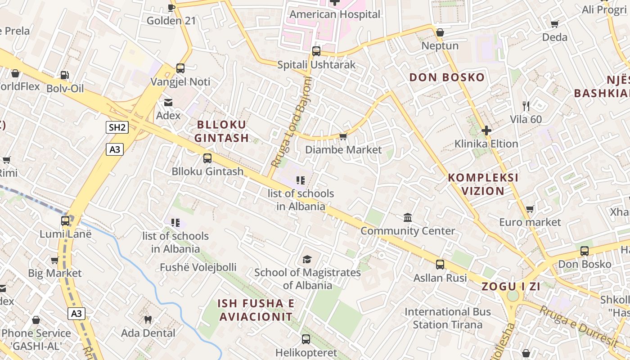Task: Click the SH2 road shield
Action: tap(117, 127)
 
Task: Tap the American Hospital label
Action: tap(335, 14)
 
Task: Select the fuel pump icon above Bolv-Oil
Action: tap(65, 75)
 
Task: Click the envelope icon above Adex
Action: tap(168, 103)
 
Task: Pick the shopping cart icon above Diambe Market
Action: tap(343, 136)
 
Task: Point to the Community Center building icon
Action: tap(408, 218)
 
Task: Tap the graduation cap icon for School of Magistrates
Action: tap(307, 259)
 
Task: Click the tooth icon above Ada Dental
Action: tap(148, 320)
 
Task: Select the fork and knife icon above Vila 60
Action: tap(526, 106)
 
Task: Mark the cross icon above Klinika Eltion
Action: tap(486, 130)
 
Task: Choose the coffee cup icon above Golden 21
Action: tap(171, 8)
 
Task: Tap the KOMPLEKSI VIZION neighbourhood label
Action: tap(483, 184)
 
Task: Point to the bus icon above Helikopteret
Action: tap(306, 339)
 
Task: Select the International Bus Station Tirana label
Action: tap(448, 318)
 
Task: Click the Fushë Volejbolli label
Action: tap(198, 267)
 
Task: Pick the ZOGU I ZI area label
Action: tap(511, 286)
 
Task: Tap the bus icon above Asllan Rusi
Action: tap(440, 265)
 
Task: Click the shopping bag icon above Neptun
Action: tap(440, 32)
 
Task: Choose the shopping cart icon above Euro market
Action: tap(530, 209)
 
